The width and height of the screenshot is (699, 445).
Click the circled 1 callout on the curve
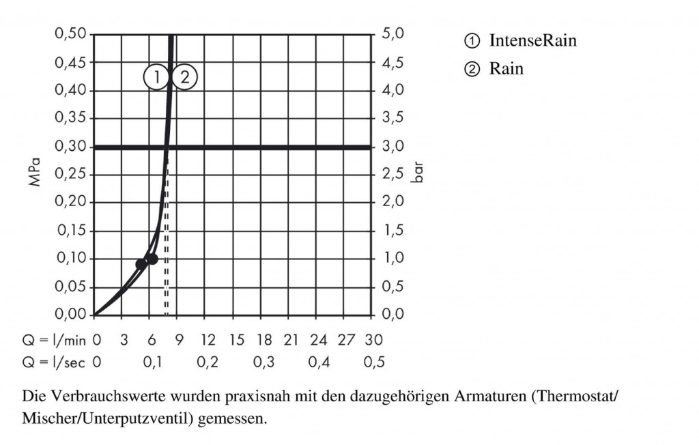(156, 77)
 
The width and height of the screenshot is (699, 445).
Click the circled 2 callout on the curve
(184, 77)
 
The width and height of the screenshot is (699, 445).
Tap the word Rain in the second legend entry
(506, 69)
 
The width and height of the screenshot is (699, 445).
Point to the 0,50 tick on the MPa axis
(71, 34)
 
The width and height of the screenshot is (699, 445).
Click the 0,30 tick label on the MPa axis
(71, 147)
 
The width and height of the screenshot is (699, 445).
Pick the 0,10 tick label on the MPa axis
(71, 259)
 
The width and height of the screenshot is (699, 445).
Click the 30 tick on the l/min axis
(373, 340)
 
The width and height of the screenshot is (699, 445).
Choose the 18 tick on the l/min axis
(263, 340)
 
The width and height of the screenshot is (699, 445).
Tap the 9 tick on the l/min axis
(180, 340)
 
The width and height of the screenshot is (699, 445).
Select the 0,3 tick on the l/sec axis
(263, 362)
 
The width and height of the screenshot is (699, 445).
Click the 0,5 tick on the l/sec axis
(373, 362)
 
